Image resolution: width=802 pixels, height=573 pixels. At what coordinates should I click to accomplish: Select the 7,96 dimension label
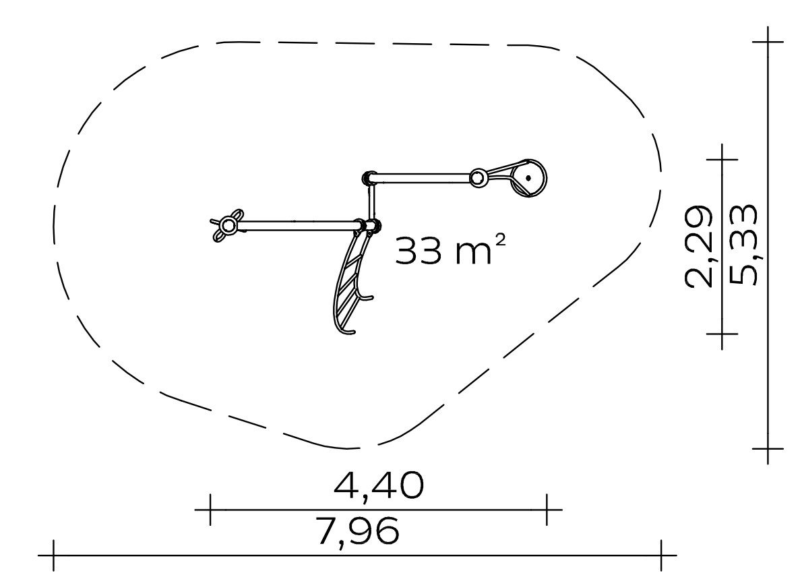click(357, 531)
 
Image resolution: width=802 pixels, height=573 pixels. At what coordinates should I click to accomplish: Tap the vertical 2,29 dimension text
click(698, 246)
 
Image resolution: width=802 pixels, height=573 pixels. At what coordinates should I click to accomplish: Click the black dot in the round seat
click(528, 179)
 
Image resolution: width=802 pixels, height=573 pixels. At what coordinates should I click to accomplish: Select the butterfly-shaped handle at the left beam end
click(226, 225)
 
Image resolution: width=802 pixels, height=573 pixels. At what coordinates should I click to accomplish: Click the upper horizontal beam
click(423, 178)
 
